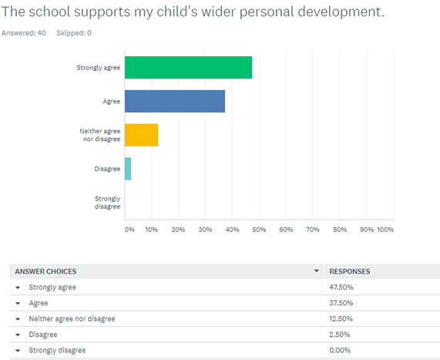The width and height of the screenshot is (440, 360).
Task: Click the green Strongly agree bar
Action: pos(188,67)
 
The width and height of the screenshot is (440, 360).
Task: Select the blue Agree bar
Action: pos(175,101)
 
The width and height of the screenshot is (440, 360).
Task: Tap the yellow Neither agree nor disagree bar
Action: pos(142,135)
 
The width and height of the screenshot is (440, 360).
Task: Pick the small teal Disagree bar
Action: pos(128,169)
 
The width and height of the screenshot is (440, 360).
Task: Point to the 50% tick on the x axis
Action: pos(259,230)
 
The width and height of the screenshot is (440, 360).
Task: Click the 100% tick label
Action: pos(385,230)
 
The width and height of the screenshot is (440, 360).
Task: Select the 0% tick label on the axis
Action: pos(129,230)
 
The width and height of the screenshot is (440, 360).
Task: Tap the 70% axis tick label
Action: pos(313,230)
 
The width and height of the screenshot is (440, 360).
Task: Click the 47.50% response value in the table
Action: pos(341,288)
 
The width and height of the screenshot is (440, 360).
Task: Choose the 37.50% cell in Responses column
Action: pos(341,303)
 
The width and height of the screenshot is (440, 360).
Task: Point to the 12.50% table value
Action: pos(341,318)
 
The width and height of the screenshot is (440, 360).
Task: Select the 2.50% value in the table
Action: pos(340,335)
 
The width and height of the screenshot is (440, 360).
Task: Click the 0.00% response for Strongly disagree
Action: pos(340,350)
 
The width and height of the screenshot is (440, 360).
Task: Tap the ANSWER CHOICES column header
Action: pos(45,271)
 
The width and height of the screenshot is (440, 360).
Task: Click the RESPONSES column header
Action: pos(350,271)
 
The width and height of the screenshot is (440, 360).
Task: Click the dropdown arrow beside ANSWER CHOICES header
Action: pos(317,271)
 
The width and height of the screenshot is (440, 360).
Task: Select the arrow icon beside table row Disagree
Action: pos(18,335)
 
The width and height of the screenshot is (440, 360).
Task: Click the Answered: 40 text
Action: pos(24,33)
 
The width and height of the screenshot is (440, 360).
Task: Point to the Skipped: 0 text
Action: pos(74,33)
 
